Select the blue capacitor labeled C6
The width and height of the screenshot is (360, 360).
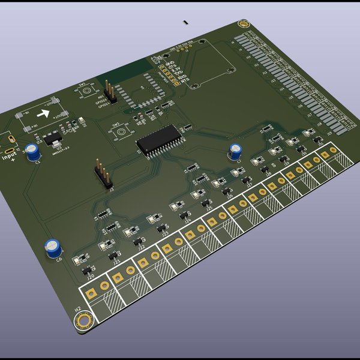point(53,247)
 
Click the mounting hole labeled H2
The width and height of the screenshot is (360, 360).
point(83,321)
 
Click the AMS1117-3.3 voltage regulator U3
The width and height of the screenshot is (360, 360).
point(53,140)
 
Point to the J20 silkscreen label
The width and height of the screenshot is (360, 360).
point(91,277)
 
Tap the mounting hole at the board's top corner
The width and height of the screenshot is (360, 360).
point(243,24)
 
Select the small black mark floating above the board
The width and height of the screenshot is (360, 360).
point(186,22)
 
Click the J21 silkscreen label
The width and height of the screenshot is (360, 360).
point(116,262)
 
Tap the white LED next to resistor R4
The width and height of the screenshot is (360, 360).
point(78,260)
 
